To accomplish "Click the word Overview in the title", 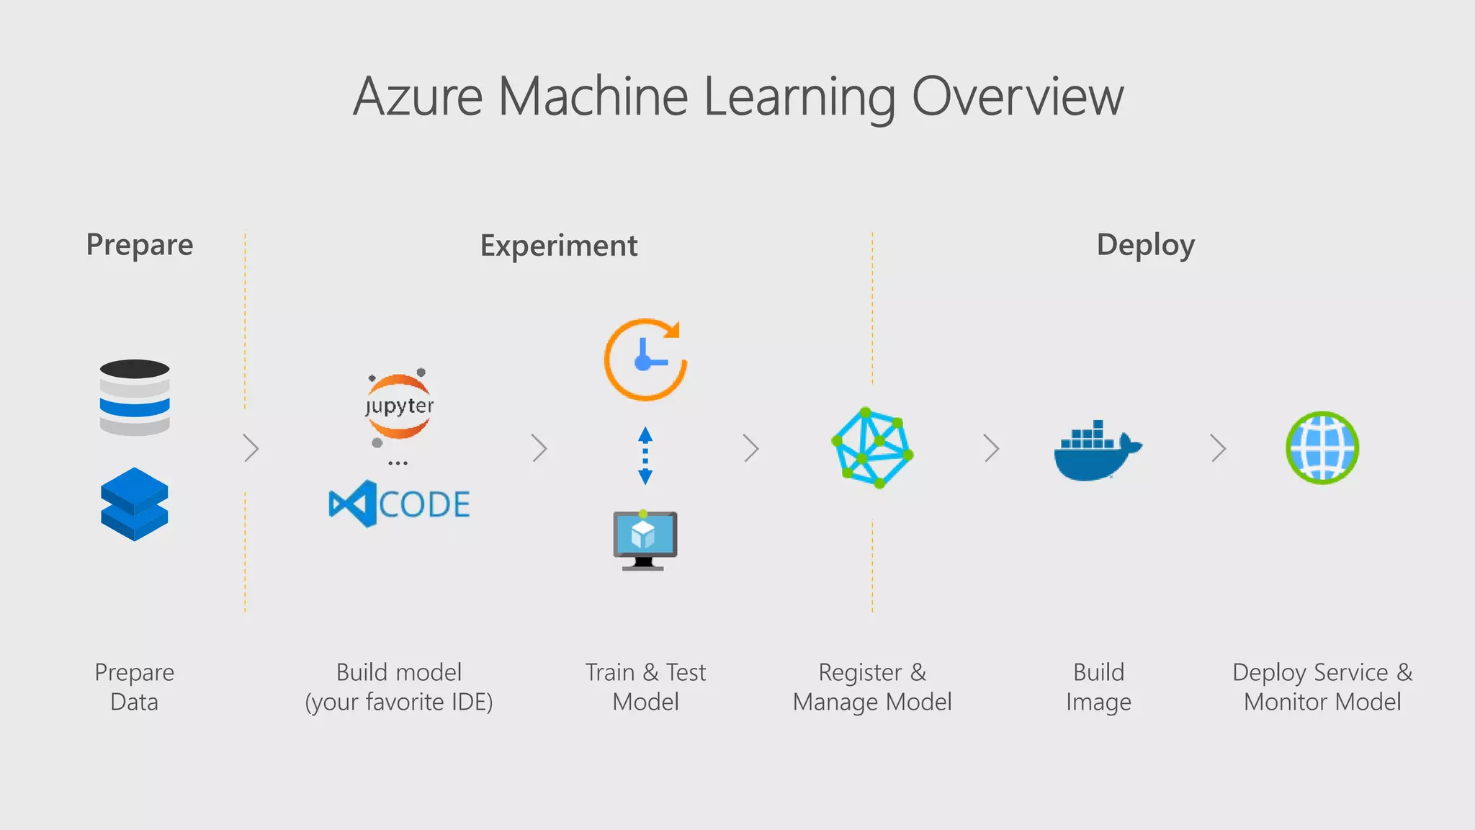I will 1017,97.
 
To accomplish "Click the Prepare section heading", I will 140,245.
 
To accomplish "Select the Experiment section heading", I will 558,246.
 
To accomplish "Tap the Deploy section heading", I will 1145,245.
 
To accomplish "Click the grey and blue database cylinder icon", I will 135,398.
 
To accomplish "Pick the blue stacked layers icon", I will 135,504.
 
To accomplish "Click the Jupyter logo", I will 399,407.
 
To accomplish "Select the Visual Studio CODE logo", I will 399,504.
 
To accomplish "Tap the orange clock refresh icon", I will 645,360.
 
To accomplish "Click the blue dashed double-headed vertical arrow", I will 645,455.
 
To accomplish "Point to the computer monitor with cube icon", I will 645,540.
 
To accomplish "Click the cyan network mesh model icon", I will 872,448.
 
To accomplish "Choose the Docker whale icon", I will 1097,451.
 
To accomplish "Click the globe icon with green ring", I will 1322,448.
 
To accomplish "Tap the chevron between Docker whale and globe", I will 1218,448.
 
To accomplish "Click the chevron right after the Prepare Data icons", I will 251,448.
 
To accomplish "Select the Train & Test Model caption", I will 645,687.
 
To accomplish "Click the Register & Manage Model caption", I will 872,687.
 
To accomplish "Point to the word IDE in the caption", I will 468,702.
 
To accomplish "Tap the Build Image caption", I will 1098,687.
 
